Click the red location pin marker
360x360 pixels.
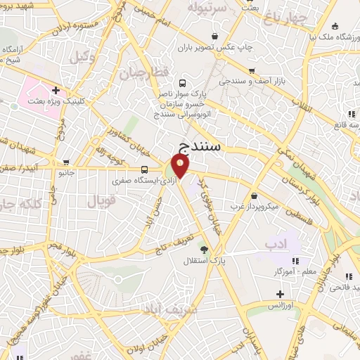click(x=180, y=167)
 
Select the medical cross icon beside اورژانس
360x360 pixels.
click(x=280, y=293)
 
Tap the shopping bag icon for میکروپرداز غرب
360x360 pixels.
click(x=253, y=195)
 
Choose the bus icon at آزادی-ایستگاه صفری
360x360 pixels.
click(x=144, y=169)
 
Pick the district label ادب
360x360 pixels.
click(x=276, y=243)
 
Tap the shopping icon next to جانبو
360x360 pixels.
click(x=65, y=161)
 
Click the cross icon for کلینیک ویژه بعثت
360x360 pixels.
click(x=55, y=91)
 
